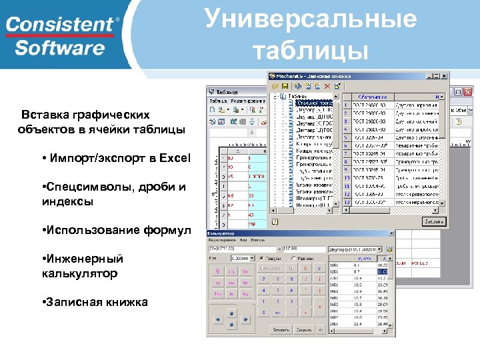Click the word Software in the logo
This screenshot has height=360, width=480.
[x=60, y=47]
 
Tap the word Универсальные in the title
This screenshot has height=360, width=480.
[x=311, y=19]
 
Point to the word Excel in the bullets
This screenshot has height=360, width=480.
[x=175, y=158]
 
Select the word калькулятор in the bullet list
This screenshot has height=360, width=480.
[x=79, y=273]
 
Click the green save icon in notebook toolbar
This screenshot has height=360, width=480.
[x=284, y=86]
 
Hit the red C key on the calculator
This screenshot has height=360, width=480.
[x=305, y=268]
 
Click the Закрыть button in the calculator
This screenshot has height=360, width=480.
[x=304, y=329]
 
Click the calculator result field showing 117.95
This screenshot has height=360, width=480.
[x=303, y=249]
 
